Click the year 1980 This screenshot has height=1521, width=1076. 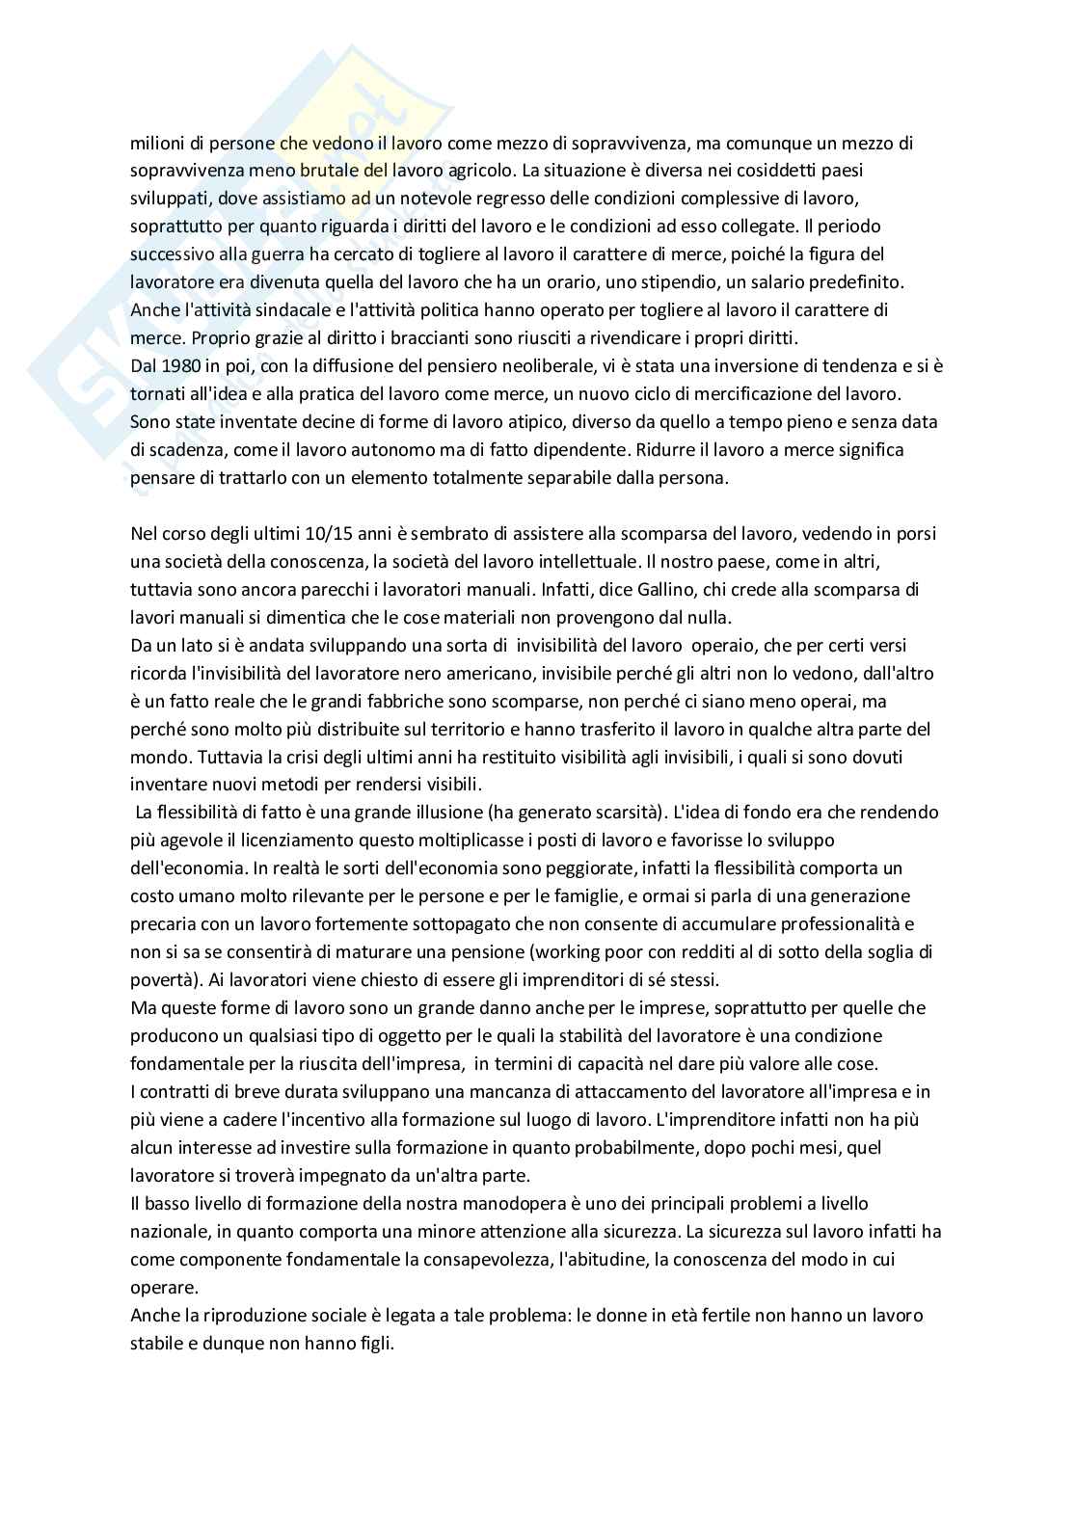tap(175, 366)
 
